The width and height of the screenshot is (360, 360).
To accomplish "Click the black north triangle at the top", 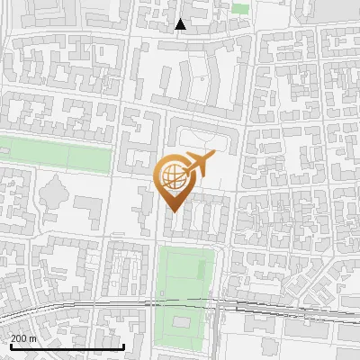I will (181, 24).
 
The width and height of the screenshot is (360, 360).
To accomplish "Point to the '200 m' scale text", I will (23, 337).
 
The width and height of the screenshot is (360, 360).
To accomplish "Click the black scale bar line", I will (67, 346).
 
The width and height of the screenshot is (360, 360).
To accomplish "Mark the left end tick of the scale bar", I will (11, 345).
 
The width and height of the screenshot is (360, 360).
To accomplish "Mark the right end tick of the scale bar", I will (123, 345).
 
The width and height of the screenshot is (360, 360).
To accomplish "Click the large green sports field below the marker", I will (186, 274).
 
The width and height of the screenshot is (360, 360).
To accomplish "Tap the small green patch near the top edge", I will (239, 7).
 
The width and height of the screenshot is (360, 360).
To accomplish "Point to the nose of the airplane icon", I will (214, 157).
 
